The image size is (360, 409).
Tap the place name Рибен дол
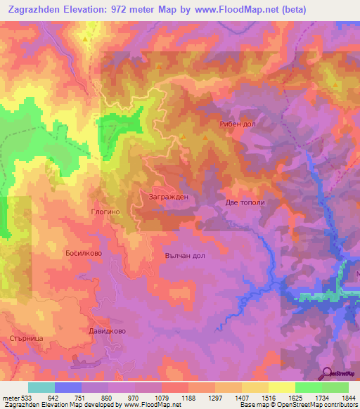pyautogui.click(x=236, y=124)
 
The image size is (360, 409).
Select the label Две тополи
pyautogui.click(x=245, y=202)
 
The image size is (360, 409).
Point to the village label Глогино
pyautogui.click(x=107, y=211)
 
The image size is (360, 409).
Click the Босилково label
pyautogui.click(x=85, y=252)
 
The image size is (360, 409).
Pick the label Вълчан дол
pyautogui.click(x=185, y=255)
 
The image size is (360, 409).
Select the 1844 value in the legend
pyautogui.click(x=347, y=398)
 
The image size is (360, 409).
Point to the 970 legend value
pyautogui.click(x=134, y=398)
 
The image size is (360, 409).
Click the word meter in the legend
pyautogui.click(x=10, y=398)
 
